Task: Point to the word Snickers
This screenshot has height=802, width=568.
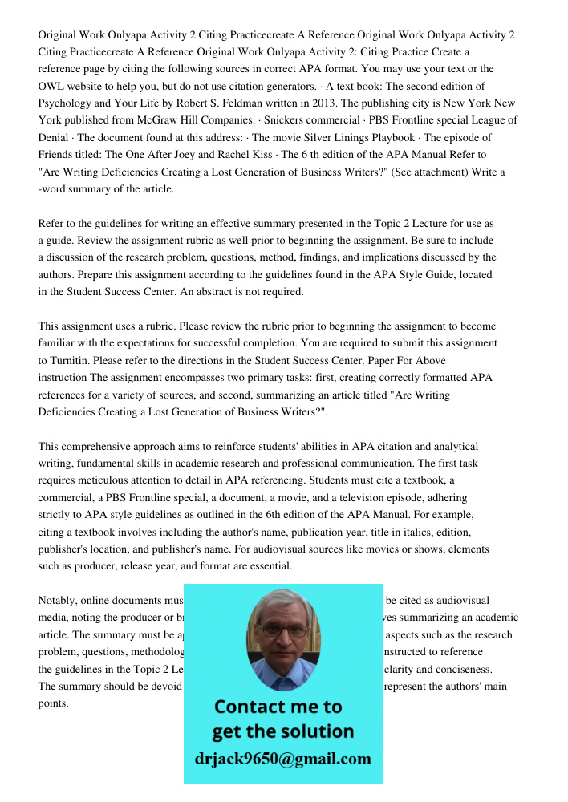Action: [281, 120]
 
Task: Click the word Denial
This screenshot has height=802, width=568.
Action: [54, 138]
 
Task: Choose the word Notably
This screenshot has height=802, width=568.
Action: [59, 601]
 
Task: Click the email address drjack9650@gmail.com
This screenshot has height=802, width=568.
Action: [283, 759]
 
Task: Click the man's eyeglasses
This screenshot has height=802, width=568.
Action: [283, 630]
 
